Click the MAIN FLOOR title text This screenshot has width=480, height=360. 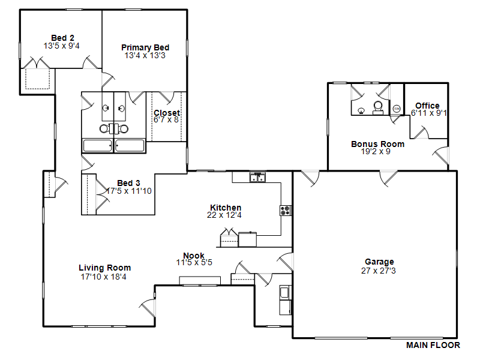[x=433, y=346]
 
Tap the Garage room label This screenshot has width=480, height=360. [x=379, y=262]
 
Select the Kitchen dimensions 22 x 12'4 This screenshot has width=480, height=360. [x=224, y=215]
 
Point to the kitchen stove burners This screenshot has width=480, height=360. [x=286, y=211]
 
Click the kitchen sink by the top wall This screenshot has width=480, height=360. [x=257, y=177]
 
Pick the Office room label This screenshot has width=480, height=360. [x=427, y=106]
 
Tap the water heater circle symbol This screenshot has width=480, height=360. [x=397, y=109]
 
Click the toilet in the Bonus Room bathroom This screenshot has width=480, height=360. [x=378, y=108]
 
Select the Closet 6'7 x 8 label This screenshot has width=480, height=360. [x=167, y=116]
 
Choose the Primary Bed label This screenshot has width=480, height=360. [x=145, y=47]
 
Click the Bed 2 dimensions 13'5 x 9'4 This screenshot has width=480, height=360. [x=62, y=46]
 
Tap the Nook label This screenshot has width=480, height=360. [x=194, y=256]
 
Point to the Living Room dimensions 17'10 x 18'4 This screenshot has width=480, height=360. [x=103, y=277]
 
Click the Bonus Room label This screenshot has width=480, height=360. [x=378, y=144]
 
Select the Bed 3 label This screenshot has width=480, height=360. [x=128, y=183]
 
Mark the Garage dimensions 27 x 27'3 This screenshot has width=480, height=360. [x=379, y=271]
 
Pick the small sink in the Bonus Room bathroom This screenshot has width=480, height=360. [x=361, y=110]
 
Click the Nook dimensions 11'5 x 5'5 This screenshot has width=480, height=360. [x=194, y=263]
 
